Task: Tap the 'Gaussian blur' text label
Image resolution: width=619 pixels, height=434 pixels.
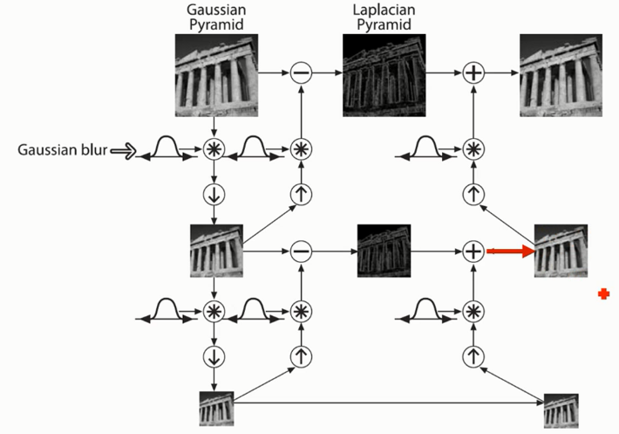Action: click(x=60, y=150)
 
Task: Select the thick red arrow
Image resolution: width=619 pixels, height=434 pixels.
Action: click(x=510, y=251)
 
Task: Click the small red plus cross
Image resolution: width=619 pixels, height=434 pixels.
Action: click(x=603, y=294)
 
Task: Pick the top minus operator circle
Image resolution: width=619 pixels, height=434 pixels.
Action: click(x=300, y=74)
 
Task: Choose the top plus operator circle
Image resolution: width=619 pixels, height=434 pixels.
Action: click(x=472, y=74)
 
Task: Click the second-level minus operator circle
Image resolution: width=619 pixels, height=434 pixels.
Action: click(x=300, y=251)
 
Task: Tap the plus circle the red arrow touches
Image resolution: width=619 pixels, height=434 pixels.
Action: click(x=472, y=251)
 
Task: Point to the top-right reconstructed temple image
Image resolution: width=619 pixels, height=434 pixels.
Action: click(x=557, y=73)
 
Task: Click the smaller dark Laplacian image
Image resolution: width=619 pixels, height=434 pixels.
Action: click(x=384, y=251)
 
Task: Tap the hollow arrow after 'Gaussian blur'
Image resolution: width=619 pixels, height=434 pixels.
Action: click(x=124, y=151)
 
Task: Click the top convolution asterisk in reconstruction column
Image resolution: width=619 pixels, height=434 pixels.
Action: click(x=472, y=149)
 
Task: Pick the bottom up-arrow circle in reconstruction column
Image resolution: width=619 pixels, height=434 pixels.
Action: click(x=472, y=356)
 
